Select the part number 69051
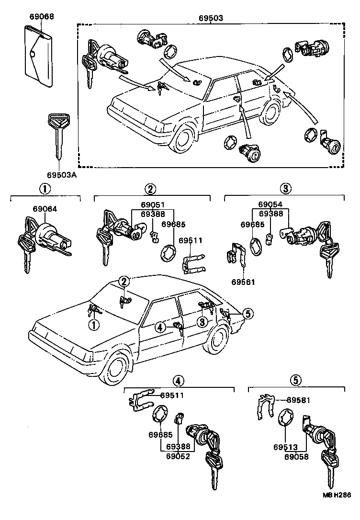pos(152,205)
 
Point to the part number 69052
pos(178,456)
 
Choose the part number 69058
pos(296,456)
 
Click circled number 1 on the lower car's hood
pos(93,326)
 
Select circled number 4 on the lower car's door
pos(160,327)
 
